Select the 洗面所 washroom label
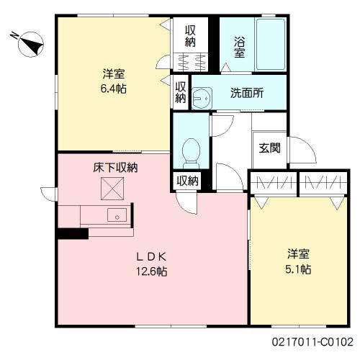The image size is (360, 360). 246,93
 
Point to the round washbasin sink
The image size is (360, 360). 204,96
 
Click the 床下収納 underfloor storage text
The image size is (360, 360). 115,168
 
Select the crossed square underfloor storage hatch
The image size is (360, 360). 112,190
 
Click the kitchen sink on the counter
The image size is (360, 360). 115,215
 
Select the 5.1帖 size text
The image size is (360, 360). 299,269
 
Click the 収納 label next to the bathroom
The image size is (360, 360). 190,36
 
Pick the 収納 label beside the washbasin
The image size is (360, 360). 181,91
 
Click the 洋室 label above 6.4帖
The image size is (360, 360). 114,72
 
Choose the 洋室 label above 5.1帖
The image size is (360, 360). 299,254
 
